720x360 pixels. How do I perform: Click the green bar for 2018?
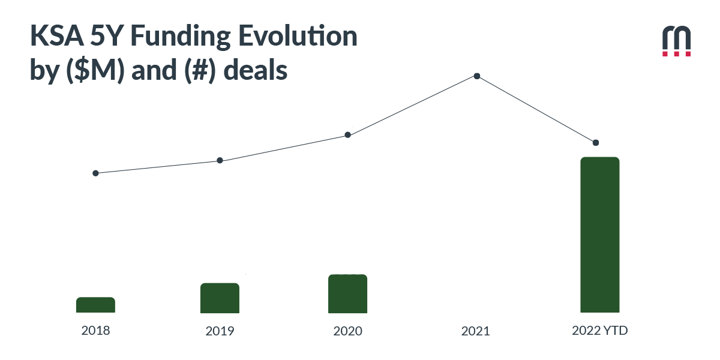coord(95,305)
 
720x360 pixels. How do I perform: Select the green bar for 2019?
coord(220,298)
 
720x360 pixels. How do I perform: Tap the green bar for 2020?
coord(347,293)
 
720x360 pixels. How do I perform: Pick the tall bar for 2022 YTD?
coord(599,235)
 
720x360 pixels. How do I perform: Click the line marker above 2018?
coord(95,173)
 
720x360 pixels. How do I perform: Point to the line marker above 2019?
coord(220,160)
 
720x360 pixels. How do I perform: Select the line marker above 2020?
coord(347,135)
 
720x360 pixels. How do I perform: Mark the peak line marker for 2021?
coord(476,76)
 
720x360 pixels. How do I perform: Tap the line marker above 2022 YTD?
coord(595,143)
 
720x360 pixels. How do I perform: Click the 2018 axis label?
coord(95,330)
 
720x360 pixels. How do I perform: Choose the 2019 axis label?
coord(220,331)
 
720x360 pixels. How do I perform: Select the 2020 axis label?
coord(347,331)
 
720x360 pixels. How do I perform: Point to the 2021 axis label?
coord(475,331)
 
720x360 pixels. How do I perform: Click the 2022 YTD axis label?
coord(599,330)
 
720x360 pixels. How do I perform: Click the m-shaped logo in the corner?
coord(676,41)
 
